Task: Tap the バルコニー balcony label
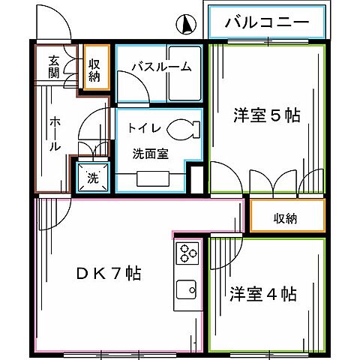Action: coord(268,22)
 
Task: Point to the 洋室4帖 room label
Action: coord(262,294)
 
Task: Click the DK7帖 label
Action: coord(109,273)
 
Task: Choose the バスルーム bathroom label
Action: coord(160,67)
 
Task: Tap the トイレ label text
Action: coord(142,128)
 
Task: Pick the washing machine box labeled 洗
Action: coord(92,178)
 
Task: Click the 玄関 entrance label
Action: coord(55,67)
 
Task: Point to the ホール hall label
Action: coord(55,135)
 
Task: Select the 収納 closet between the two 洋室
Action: coord(286,217)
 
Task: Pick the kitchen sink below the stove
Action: coord(185,289)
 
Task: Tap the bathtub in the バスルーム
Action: coord(184,83)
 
